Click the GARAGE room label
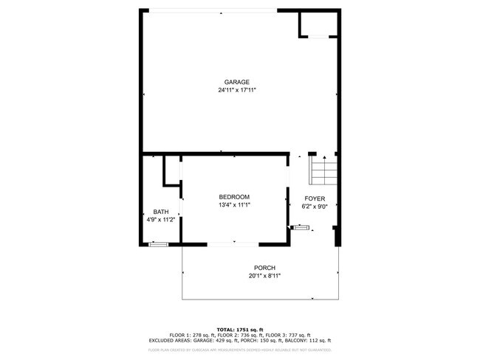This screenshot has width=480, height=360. (x=237, y=82)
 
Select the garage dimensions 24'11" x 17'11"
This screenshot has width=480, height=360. (x=237, y=90)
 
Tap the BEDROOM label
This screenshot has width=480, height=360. (x=234, y=196)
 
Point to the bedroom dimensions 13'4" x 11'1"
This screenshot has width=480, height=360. (x=234, y=205)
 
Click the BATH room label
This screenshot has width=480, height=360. (x=160, y=212)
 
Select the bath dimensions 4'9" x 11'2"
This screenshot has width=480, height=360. (x=160, y=220)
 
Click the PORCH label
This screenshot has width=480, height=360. (x=264, y=268)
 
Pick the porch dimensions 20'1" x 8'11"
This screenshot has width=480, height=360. (x=264, y=277)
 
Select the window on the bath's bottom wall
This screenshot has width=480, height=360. (x=158, y=244)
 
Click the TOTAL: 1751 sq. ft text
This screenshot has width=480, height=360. (x=240, y=329)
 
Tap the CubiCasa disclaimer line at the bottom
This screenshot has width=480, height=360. (x=240, y=350)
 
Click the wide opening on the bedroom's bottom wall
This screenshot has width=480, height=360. (x=234, y=244)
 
